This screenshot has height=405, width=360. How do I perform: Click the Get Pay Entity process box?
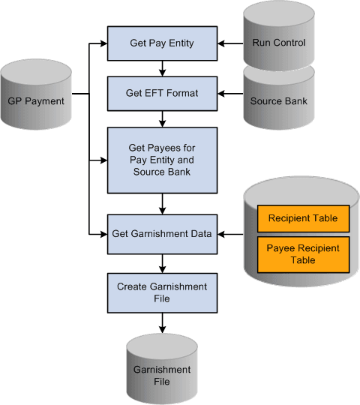pos(161,43)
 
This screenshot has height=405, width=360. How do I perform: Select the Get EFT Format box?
pos(161,94)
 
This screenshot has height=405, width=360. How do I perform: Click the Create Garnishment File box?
pos(161,292)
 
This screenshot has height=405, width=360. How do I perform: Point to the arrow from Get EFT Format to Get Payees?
pos(161,118)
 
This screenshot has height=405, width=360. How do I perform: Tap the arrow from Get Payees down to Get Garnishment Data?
pos(161,203)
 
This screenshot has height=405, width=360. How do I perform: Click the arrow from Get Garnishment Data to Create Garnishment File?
pos(161,263)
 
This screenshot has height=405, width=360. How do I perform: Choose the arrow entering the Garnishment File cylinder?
pos(161,323)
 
